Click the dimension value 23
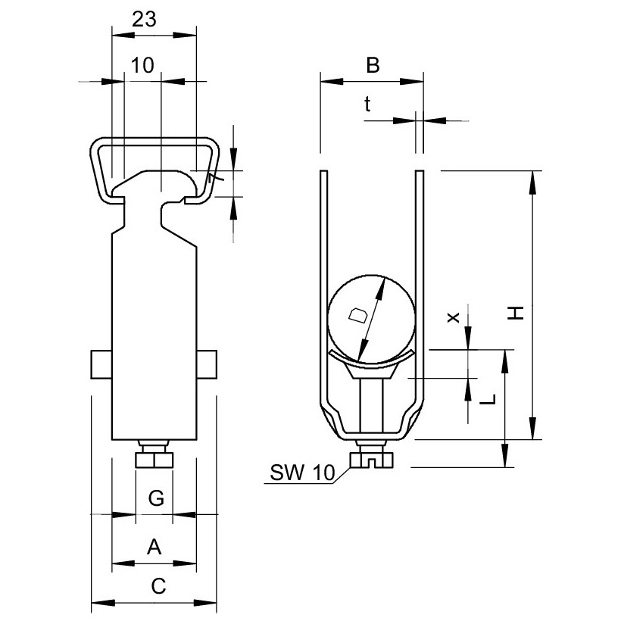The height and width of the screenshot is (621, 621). (x=144, y=20)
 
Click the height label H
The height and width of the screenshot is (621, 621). (x=515, y=312)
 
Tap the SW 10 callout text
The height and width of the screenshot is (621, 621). (x=301, y=474)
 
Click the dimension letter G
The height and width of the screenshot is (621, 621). (x=154, y=498)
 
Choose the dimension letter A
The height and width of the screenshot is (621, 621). (x=154, y=545)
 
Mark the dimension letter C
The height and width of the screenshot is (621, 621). (x=154, y=585)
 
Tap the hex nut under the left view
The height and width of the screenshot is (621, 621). (x=154, y=460)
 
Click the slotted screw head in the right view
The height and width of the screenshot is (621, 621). (x=370, y=460)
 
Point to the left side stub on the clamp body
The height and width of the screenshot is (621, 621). (x=101, y=364)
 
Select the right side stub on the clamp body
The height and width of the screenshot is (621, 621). (x=208, y=364)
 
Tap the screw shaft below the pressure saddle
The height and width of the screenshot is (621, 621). (x=371, y=405)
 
